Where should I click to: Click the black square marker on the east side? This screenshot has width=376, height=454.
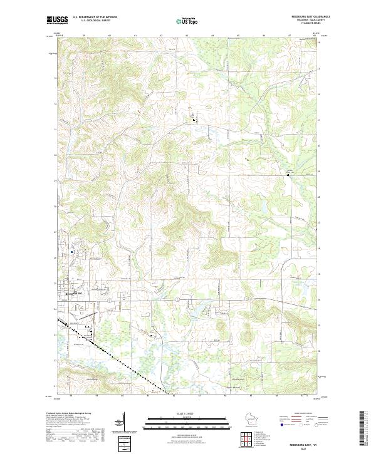click(288, 175)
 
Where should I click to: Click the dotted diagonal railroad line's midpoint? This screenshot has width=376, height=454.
click(113, 357)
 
